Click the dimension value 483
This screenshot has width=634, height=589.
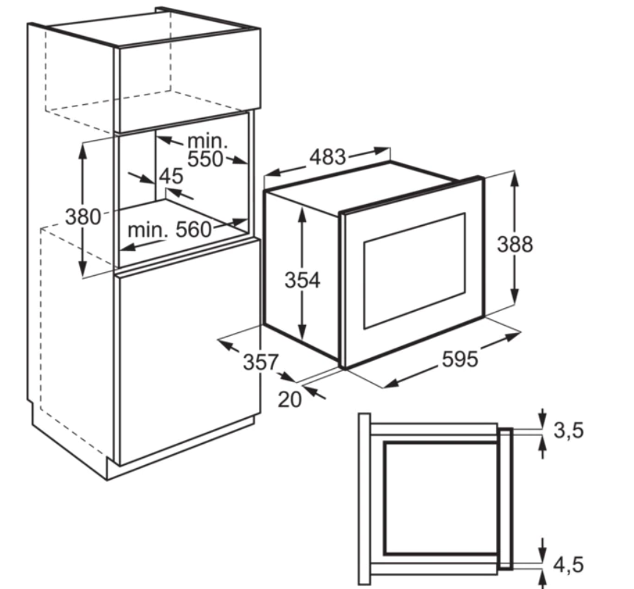pyautogui.click(x=327, y=158)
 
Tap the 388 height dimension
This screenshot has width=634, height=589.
pyautogui.click(x=515, y=244)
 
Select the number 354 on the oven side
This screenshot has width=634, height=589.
pyautogui.click(x=302, y=280)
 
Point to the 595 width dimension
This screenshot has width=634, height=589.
pyautogui.click(x=460, y=359)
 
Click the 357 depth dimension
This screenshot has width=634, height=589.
pyautogui.click(x=260, y=362)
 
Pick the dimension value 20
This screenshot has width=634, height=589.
pyautogui.click(x=290, y=400)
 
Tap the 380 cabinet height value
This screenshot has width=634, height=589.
pyautogui.click(x=84, y=217)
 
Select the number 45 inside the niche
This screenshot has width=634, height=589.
pyautogui.click(x=171, y=176)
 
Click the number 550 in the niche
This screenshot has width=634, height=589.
pyautogui.click(x=205, y=159)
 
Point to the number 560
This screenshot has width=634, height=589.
pyautogui.click(x=194, y=230)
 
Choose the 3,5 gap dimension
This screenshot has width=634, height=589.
pyautogui.click(x=569, y=431)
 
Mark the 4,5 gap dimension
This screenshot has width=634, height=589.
pyautogui.click(x=569, y=565)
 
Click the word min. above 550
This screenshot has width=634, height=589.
pyautogui.click(x=208, y=141)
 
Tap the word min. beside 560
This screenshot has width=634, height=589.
pyautogui.click(x=147, y=230)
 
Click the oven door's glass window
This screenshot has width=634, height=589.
pyautogui.click(x=415, y=271)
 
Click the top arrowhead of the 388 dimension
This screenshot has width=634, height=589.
pyautogui.click(x=514, y=178)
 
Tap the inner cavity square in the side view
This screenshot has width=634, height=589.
pyautogui.click(x=442, y=497)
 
